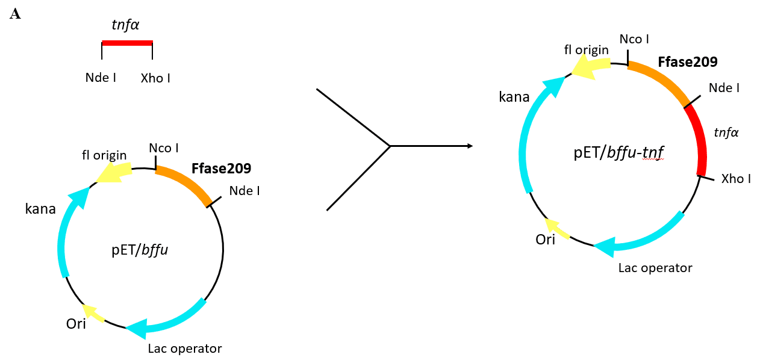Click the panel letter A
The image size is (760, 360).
(15, 14)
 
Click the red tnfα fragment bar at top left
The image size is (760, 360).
(127, 43)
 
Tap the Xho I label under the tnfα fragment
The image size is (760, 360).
(155, 78)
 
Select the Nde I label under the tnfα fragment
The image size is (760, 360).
(101, 78)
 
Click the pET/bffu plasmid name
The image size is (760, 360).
(140, 250)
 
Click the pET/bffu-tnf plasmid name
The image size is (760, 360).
(618, 155)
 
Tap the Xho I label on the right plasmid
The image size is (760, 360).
(736, 179)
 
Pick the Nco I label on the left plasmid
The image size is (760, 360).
(164, 148)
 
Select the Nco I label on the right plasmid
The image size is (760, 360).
(634, 40)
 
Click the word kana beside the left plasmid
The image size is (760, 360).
(40, 209)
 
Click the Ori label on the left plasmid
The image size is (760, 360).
(76, 324)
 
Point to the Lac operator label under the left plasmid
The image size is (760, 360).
(185, 349)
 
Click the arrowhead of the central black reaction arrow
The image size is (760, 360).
(469, 146)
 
